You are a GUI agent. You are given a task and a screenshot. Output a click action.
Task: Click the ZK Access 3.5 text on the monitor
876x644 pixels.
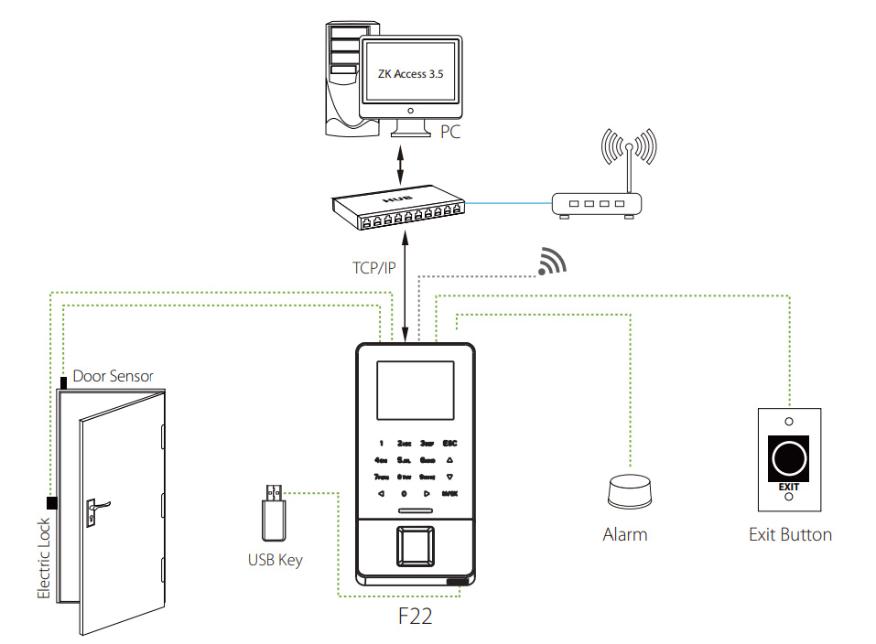(410, 74)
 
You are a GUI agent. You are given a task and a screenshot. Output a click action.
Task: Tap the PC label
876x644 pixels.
(449, 133)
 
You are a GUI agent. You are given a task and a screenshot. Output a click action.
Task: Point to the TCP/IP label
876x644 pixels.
(374, 268)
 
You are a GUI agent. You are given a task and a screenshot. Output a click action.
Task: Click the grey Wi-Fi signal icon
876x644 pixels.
(552, 262)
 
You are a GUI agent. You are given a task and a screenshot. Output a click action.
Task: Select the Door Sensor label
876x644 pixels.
(114, 376)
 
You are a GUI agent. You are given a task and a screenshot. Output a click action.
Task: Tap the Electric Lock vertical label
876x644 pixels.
(44, 559)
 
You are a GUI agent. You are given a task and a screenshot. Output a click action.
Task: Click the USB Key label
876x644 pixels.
(275, 560)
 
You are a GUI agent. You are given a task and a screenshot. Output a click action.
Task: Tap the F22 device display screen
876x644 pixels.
(415, 393)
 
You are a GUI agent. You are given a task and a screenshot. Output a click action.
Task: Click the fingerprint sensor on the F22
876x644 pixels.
(416, 547)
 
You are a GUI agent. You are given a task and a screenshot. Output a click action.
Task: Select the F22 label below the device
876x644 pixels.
(415, 616)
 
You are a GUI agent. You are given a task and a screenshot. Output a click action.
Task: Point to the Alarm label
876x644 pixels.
(625, 534)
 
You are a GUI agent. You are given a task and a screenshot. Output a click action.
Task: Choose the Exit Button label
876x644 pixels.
(790, 535)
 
